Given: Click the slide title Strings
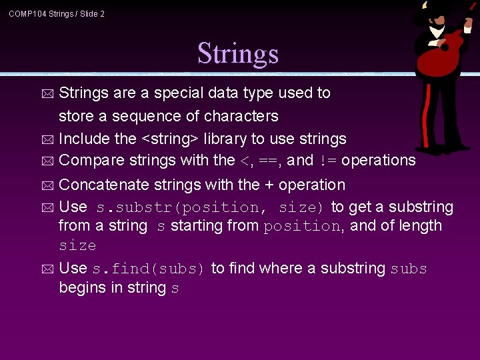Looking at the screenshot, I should pyautogui.click(x=238, y=54).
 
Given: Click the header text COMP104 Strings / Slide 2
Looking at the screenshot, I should pyautogui.click(x=57, y=14).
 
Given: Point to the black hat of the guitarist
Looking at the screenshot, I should pyautogui.click(x=437, y=9).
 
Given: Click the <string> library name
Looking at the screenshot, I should pyautogui.click(x=169, y=139).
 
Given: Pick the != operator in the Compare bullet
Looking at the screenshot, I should pyautogui.click(x=328, y=161).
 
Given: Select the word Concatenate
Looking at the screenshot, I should pyautogui.click(x=104, y=185).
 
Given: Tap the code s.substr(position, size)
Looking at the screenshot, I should pyautogui.click(x=211, y=207).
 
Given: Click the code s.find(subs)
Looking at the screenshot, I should pyautogui.click(x=149, y=269).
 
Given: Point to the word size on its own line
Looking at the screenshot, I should pyautogui.click(x=77, y=245).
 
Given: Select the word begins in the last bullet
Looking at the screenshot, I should pyautogui.click(x=80, y=288).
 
